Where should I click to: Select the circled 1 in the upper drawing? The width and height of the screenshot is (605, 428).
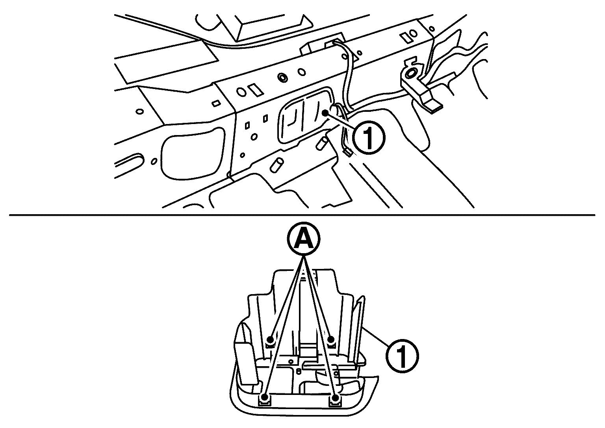[368, 138]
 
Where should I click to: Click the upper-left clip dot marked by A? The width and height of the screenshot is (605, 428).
[270, 339]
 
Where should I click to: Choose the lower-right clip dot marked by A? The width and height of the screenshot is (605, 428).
[335, 397]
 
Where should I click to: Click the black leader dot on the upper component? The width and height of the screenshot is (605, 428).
[325, 113]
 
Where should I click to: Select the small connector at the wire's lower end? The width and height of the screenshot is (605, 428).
[348, 152]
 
